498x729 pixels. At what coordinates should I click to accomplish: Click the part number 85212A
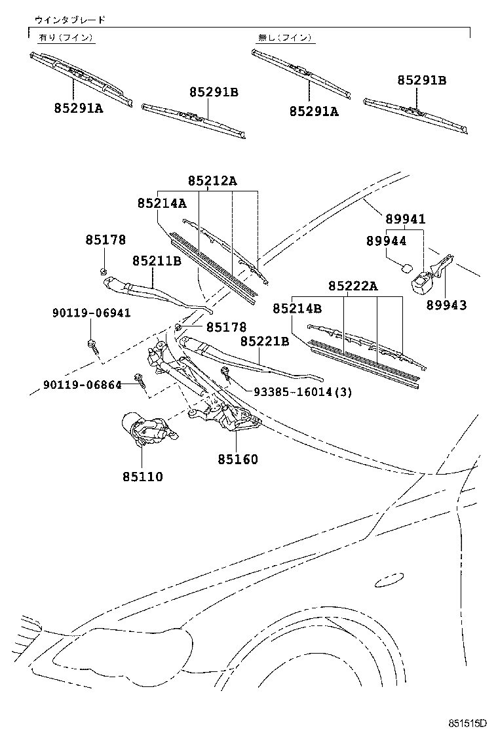[x=212, y=180]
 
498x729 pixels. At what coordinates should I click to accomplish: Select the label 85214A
[x=162, y=204]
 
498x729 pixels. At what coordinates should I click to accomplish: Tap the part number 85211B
[x=157, y=261]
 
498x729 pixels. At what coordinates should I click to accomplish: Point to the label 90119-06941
[x=91, y=313]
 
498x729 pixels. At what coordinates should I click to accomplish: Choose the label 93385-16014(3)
[x=303, y=392]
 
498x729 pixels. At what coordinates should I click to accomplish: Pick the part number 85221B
[x=265, y=342]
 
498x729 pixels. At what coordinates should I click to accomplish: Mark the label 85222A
[x=353, y=286]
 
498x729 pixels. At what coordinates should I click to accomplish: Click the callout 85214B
[x=297, y=308]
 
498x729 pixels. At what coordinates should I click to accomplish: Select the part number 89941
[x=406, y=220]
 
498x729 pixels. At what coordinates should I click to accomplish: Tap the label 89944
[x=387, y=241]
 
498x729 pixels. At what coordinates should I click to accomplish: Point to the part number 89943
[x=446, y=305]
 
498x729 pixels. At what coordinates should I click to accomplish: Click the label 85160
[x=238, y=460]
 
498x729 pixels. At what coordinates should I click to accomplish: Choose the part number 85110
[x=143, y=477]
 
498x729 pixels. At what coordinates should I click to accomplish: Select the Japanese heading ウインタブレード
[x=70, y=20]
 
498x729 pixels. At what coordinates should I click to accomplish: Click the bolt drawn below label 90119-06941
[x=92, y=346]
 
